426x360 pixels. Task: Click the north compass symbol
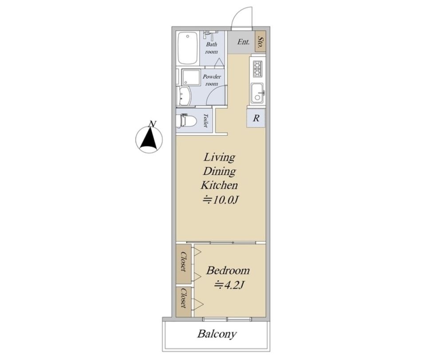pyautogui.click(x=149, y=138)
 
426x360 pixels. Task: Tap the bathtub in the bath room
pyautogui.click(x=187, y=48)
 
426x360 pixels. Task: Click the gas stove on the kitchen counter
pyautogui.click(x=257, y=68)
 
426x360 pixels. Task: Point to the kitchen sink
pyautogui.click(x=257, y=93)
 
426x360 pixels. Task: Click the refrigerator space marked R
pyautogui.click(x=256, y=118)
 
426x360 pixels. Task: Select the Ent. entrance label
pyautogui.click(x=244, y=42)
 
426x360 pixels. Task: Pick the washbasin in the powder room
pyautogui.click(x=185, y=96)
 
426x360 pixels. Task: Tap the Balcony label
pyautogui.click(x=217, y=334)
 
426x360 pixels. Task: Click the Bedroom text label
pyautogui.click(x=228, y=271)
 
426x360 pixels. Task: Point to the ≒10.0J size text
pyautogui.click(x=221, y=200)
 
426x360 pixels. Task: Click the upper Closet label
pyautogui.click(x=184, y=261)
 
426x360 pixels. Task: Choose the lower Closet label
pyautogui.click(x=184, y=298)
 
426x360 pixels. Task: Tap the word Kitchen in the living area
pyautogui.click(x=219, y=185)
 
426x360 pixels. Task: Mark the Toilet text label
pyautogui.click(x=205, y=121)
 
